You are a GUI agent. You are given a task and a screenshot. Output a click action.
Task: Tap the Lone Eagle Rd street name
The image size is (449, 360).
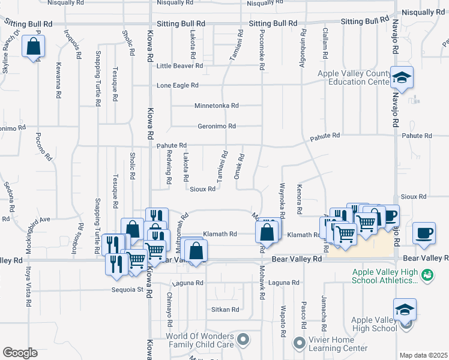177,86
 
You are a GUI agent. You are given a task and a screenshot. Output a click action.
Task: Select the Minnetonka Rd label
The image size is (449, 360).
216,106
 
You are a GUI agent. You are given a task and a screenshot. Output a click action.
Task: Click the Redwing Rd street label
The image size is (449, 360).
169,167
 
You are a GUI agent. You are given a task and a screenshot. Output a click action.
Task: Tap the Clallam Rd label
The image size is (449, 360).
325,42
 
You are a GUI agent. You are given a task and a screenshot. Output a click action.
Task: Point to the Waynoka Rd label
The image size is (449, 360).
281,200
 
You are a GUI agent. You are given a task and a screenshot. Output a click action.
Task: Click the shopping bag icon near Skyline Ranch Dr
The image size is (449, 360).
34,46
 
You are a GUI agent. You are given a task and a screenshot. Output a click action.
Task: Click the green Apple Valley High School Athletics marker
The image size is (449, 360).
427,275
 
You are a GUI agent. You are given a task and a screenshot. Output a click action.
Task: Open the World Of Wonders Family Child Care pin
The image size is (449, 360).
243,340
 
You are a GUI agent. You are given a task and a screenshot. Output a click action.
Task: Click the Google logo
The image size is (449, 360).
19,353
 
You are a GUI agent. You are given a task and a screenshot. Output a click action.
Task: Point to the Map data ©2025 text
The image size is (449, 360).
424,355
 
